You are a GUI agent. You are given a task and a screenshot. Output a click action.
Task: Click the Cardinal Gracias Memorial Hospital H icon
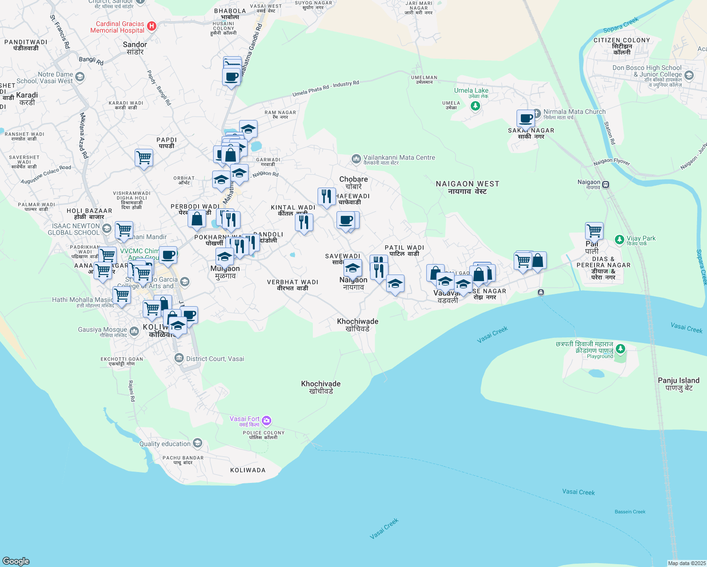[x=152, y=26]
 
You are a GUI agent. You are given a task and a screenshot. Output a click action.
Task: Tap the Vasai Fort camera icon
[x=267, y=420]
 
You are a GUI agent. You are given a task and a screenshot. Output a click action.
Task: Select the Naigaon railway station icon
[x=606, y=185]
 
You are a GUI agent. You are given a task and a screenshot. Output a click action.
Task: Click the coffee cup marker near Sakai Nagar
[x=526, y=118]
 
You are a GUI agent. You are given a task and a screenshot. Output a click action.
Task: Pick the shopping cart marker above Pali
[x=594, y=231]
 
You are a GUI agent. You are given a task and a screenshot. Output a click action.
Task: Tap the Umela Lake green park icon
[x=475, y=106]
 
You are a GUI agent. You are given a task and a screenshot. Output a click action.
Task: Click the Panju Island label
[x=678, y=384]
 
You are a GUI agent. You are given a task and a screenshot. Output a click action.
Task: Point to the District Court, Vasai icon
[x=179, y=358]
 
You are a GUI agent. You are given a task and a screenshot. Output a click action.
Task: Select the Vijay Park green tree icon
[x=620, y=240]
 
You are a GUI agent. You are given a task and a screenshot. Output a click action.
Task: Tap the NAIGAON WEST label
[x=467, y=187]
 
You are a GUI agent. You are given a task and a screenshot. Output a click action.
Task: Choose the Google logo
[x=16, y=561]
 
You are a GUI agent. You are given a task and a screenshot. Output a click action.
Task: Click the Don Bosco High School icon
[x=689, y=75]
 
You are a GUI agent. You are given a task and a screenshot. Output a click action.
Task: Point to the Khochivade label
[x=321, y=387]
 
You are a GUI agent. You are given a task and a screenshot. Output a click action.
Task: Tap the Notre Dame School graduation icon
[x=80, y=77]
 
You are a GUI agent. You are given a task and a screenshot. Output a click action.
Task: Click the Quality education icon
[x=198, y=443]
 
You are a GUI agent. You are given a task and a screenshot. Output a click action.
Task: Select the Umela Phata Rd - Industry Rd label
[x=326, y=88]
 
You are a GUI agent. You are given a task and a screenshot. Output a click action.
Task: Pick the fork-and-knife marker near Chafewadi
[x=327, y=196]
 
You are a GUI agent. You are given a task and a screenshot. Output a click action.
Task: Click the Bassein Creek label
[x=630, y=512]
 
